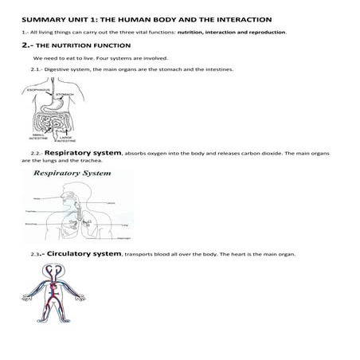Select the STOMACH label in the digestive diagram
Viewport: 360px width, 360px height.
coord(66,95)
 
